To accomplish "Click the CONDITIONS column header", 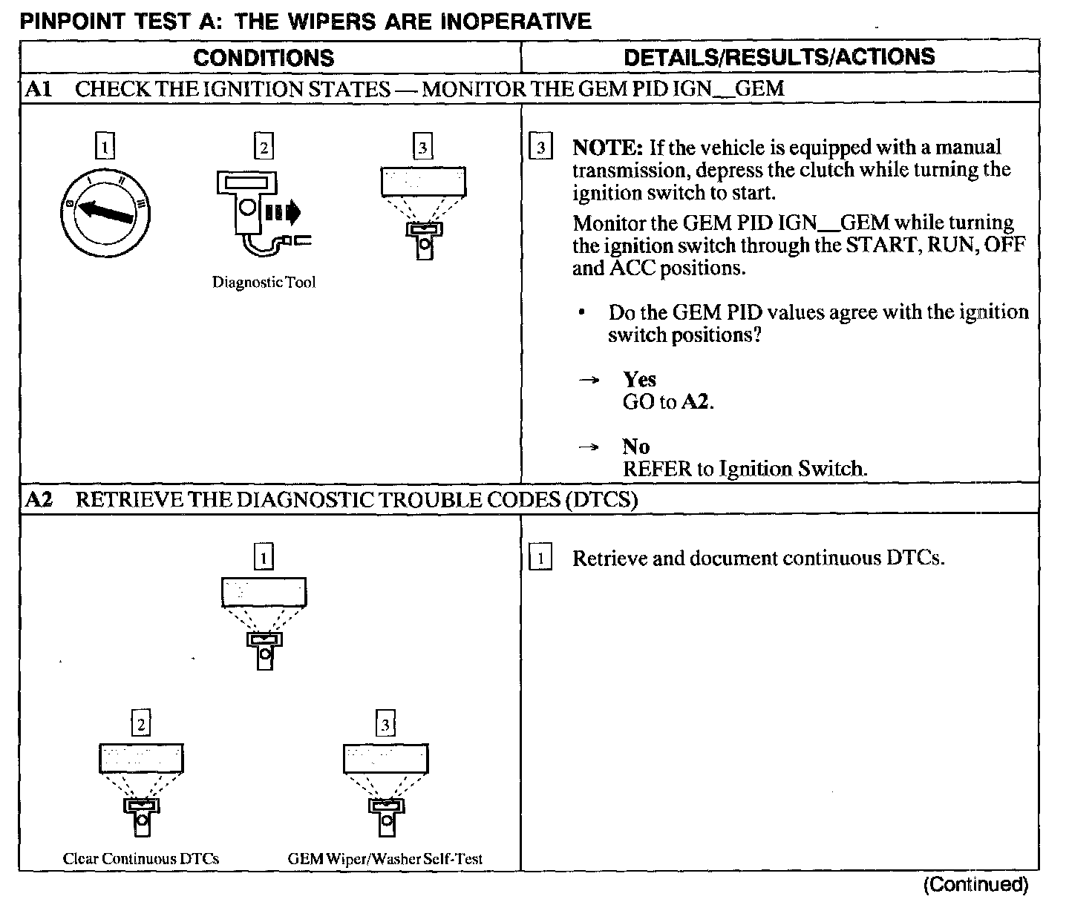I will [x=264, y=58].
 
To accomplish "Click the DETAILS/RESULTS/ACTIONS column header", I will [x=779, y=57].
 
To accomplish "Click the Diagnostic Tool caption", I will [x=264, y=283].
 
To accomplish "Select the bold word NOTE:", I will [x=607, y=147].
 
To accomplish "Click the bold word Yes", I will [x=639, y=380].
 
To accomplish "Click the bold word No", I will [x=635, y=447].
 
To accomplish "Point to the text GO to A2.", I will [x=668, y=402].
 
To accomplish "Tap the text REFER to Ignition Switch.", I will [x=745, y=469].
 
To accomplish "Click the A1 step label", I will [x=38, y=89].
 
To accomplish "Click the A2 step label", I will [x=39, y=499].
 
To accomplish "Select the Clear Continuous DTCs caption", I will [x=141, y=859].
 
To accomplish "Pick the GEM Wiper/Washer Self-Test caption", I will [x=385, y=859].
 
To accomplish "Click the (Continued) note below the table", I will [x=975, y=884].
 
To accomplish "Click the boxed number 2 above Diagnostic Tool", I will [x=264, y=147].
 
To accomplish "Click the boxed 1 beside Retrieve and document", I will [x=540, y=559].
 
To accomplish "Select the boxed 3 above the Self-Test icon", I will [x=385, y=724].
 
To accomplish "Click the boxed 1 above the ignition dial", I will [x=105, y=147].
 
